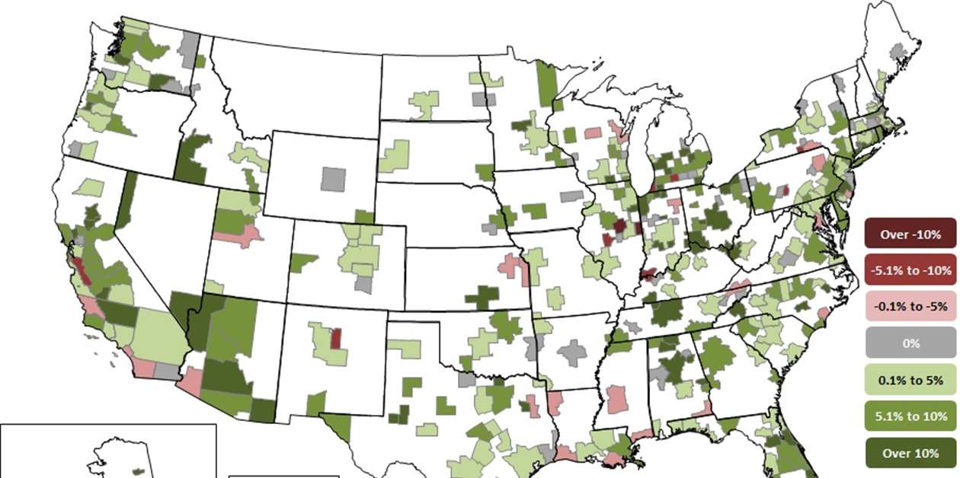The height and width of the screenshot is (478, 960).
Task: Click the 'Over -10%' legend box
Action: [910, 234]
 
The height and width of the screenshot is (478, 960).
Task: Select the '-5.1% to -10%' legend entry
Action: [910, 270]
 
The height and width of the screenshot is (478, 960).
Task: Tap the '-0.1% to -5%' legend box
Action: [910, 307]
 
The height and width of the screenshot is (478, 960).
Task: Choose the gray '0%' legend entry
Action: [910, 343]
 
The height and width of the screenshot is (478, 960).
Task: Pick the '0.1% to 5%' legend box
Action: [910, 380]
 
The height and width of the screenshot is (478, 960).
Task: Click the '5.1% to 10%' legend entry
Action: [910, 416]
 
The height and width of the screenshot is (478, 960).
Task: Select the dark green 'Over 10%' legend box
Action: [910, 453]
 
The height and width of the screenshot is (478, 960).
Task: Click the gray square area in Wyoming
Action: [332, 179]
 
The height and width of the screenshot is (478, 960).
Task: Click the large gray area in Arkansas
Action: [571, 352]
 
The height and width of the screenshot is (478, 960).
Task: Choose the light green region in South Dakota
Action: [395, 156]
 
